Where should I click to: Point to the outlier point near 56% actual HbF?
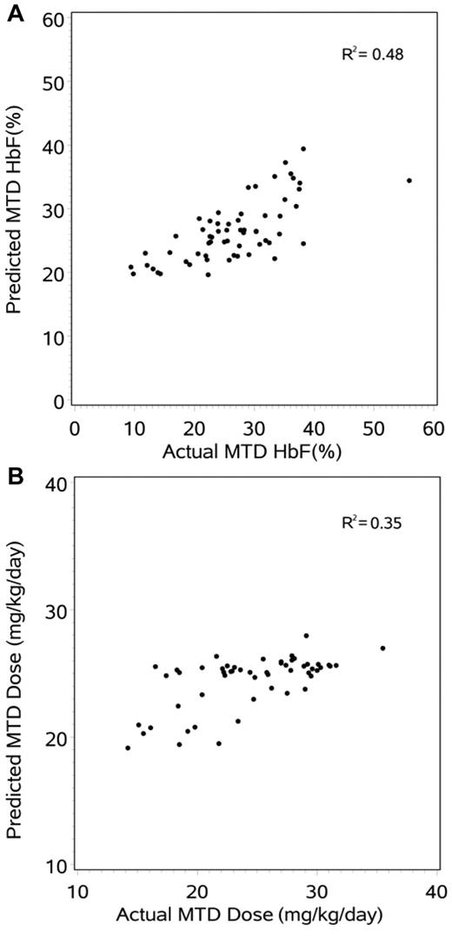pos(409,181)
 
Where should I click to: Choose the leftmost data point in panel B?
pos(128,748)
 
